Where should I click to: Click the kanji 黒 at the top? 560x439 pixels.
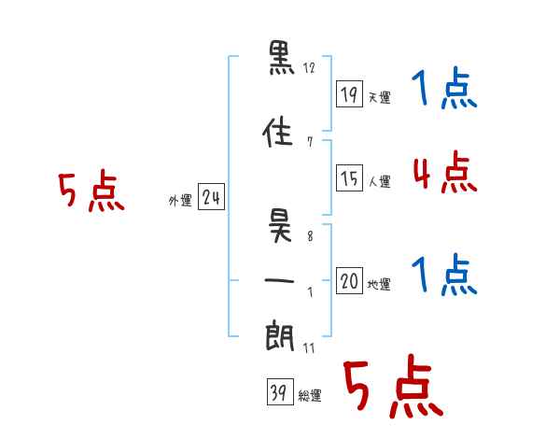click(282, 58)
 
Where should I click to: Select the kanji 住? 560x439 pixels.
click(278, 132)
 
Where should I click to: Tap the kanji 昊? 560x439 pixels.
click(281, 226)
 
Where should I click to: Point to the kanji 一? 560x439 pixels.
click(279, 280)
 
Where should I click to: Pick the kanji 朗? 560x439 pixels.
click(280, 335)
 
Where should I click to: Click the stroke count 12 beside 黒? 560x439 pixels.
click(309, 68)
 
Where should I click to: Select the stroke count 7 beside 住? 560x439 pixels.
click(310, 142)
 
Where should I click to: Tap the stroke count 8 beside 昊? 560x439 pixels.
click(310, 236)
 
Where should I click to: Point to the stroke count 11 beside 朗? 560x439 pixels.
click(309, 348)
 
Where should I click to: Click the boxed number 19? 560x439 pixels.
click(350, 94)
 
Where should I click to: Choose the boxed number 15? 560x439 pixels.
click(350, 178)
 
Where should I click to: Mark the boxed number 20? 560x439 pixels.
click(350, 280)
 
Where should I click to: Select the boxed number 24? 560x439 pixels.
click(212, 197)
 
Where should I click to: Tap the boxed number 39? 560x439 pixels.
click(280, 391)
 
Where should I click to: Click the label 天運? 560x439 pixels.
click(380, 97)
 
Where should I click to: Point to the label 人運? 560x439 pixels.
click(380, 181)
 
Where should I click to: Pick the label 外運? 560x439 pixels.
click(180, 201)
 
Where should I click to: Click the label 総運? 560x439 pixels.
click(310, 395)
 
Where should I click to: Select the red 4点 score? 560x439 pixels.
click(445, 172)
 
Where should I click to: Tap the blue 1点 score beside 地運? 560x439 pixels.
click(444, 275)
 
